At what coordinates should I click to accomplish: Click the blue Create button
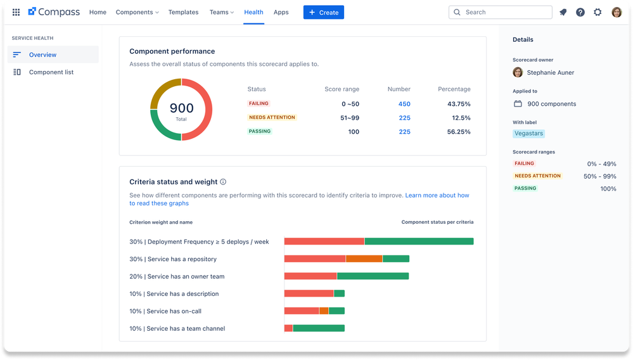coord(323,12)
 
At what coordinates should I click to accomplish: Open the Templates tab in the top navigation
coord(183,12)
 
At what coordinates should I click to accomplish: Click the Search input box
coord(500,12)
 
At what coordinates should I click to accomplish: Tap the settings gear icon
coord(598,12)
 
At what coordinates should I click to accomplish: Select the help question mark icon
coord(580,12)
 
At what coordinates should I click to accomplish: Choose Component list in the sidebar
coord(51,72)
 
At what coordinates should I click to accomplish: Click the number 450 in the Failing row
coord(404,104)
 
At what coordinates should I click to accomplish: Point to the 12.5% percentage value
coord(461,118)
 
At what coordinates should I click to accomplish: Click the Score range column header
coord(342,89)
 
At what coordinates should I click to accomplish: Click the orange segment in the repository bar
coord(364,259)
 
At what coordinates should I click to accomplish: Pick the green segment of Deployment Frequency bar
coord(419,241)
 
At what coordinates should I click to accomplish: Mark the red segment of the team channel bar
coord(288,328)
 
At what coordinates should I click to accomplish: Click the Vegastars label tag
coord(528,134)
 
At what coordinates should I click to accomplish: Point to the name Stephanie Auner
coord(550,72)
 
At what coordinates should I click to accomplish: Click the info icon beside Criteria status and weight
coord(223,182)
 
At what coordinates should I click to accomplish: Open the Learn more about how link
coord(437,195)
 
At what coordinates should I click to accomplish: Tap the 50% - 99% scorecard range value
coord(601,176)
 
